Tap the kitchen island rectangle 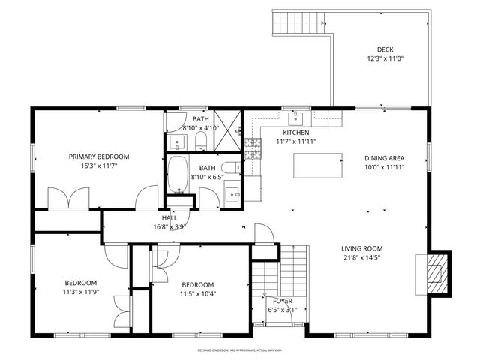click(x=313, y=165)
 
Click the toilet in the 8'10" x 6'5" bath click(x=232, y=168)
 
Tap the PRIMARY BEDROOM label click(x=99, y=157)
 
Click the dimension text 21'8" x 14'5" click(x=362, y=258)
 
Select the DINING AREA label click(x=384, y=158)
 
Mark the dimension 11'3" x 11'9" click(x=80, y=292)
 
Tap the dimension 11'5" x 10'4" click(x=198, y=294)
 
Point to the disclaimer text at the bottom click(x=239, y=349)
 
